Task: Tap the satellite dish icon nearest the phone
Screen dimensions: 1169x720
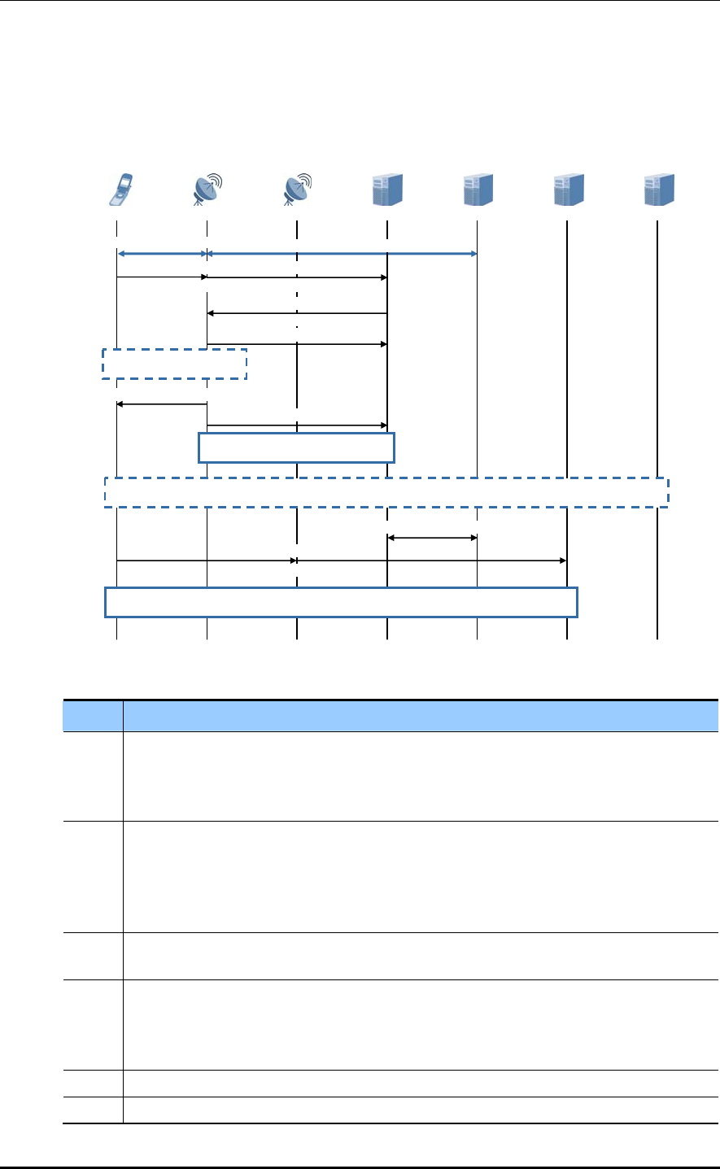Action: (x=207, y=189)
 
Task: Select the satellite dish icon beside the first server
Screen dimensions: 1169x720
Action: (x=298, y=189)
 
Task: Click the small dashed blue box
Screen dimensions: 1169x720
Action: (x=174, y=364)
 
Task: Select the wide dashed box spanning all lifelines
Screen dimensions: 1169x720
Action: (x=386, y=492)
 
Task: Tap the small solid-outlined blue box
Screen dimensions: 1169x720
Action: (x=297, y=447)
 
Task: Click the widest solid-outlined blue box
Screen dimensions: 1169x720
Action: (x=342, y=602)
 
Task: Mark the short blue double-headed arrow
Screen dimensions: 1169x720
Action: (x=162, y=254)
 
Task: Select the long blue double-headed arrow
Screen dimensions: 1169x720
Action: (x=342, y=254)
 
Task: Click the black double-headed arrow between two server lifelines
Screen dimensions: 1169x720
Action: (x=432, y=537)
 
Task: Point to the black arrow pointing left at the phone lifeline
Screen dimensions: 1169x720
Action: (x=162, y=403)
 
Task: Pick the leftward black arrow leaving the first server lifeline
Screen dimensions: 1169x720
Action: (x=297, y=313)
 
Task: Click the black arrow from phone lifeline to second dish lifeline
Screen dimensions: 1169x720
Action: (x=207, y=561)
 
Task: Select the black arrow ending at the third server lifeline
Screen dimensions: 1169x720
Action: (x=432, y=561)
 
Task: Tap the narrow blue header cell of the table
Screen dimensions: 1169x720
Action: (x=93, y=716)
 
